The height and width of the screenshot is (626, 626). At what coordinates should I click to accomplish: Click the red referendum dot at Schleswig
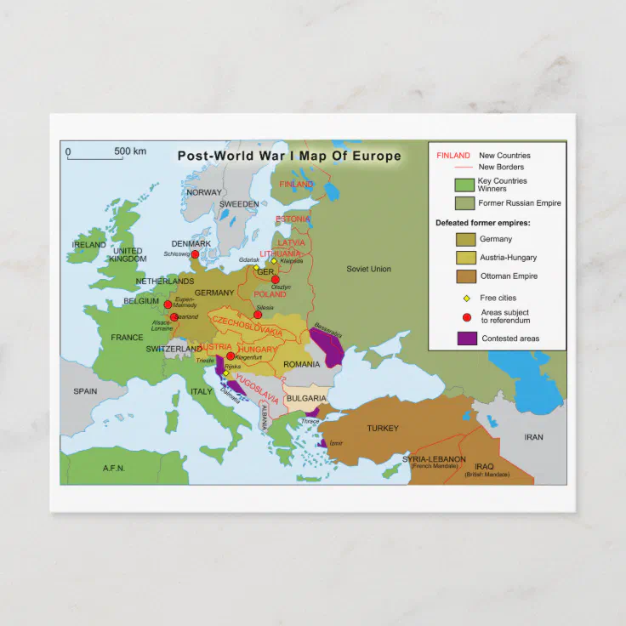[x=195, y=254]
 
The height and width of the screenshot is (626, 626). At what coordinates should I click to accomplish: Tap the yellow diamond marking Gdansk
[x=255, y=267]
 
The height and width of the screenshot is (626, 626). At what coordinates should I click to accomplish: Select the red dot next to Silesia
[x=258, y=315]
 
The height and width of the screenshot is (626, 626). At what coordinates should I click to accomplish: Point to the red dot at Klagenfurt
[x=230, y=356]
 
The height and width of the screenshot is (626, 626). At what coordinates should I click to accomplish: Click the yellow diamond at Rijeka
[x=226, y=373]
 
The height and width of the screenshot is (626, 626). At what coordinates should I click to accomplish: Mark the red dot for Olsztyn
[x=275, y=278]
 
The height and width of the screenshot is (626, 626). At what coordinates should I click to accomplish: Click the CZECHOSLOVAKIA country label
[x=247, y=327]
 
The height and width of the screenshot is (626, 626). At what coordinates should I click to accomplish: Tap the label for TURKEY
[x=382, y=429]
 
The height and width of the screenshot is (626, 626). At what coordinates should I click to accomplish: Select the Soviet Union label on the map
[x=368, y=269]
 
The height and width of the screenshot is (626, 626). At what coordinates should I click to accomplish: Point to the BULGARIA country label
[x=306, y=398]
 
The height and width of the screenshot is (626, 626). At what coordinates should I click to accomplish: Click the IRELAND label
[x=89, y=244]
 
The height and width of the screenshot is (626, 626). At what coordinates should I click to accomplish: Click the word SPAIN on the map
[x=85, y=391]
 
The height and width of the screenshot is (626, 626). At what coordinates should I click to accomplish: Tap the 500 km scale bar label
[x=130, y=151]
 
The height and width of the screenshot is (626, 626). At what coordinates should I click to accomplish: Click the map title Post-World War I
[x=288, y=156]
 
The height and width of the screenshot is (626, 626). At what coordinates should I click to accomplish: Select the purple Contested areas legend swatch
[x=466, y=339]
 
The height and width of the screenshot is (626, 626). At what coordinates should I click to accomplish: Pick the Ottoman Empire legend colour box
[x=466, y=276]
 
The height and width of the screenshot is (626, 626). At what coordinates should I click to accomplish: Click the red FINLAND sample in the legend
[x=452, y=156]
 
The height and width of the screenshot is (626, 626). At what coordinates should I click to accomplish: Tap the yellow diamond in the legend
[x=465, y=299]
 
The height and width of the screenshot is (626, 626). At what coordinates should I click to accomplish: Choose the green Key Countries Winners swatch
[x=464, y=185]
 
